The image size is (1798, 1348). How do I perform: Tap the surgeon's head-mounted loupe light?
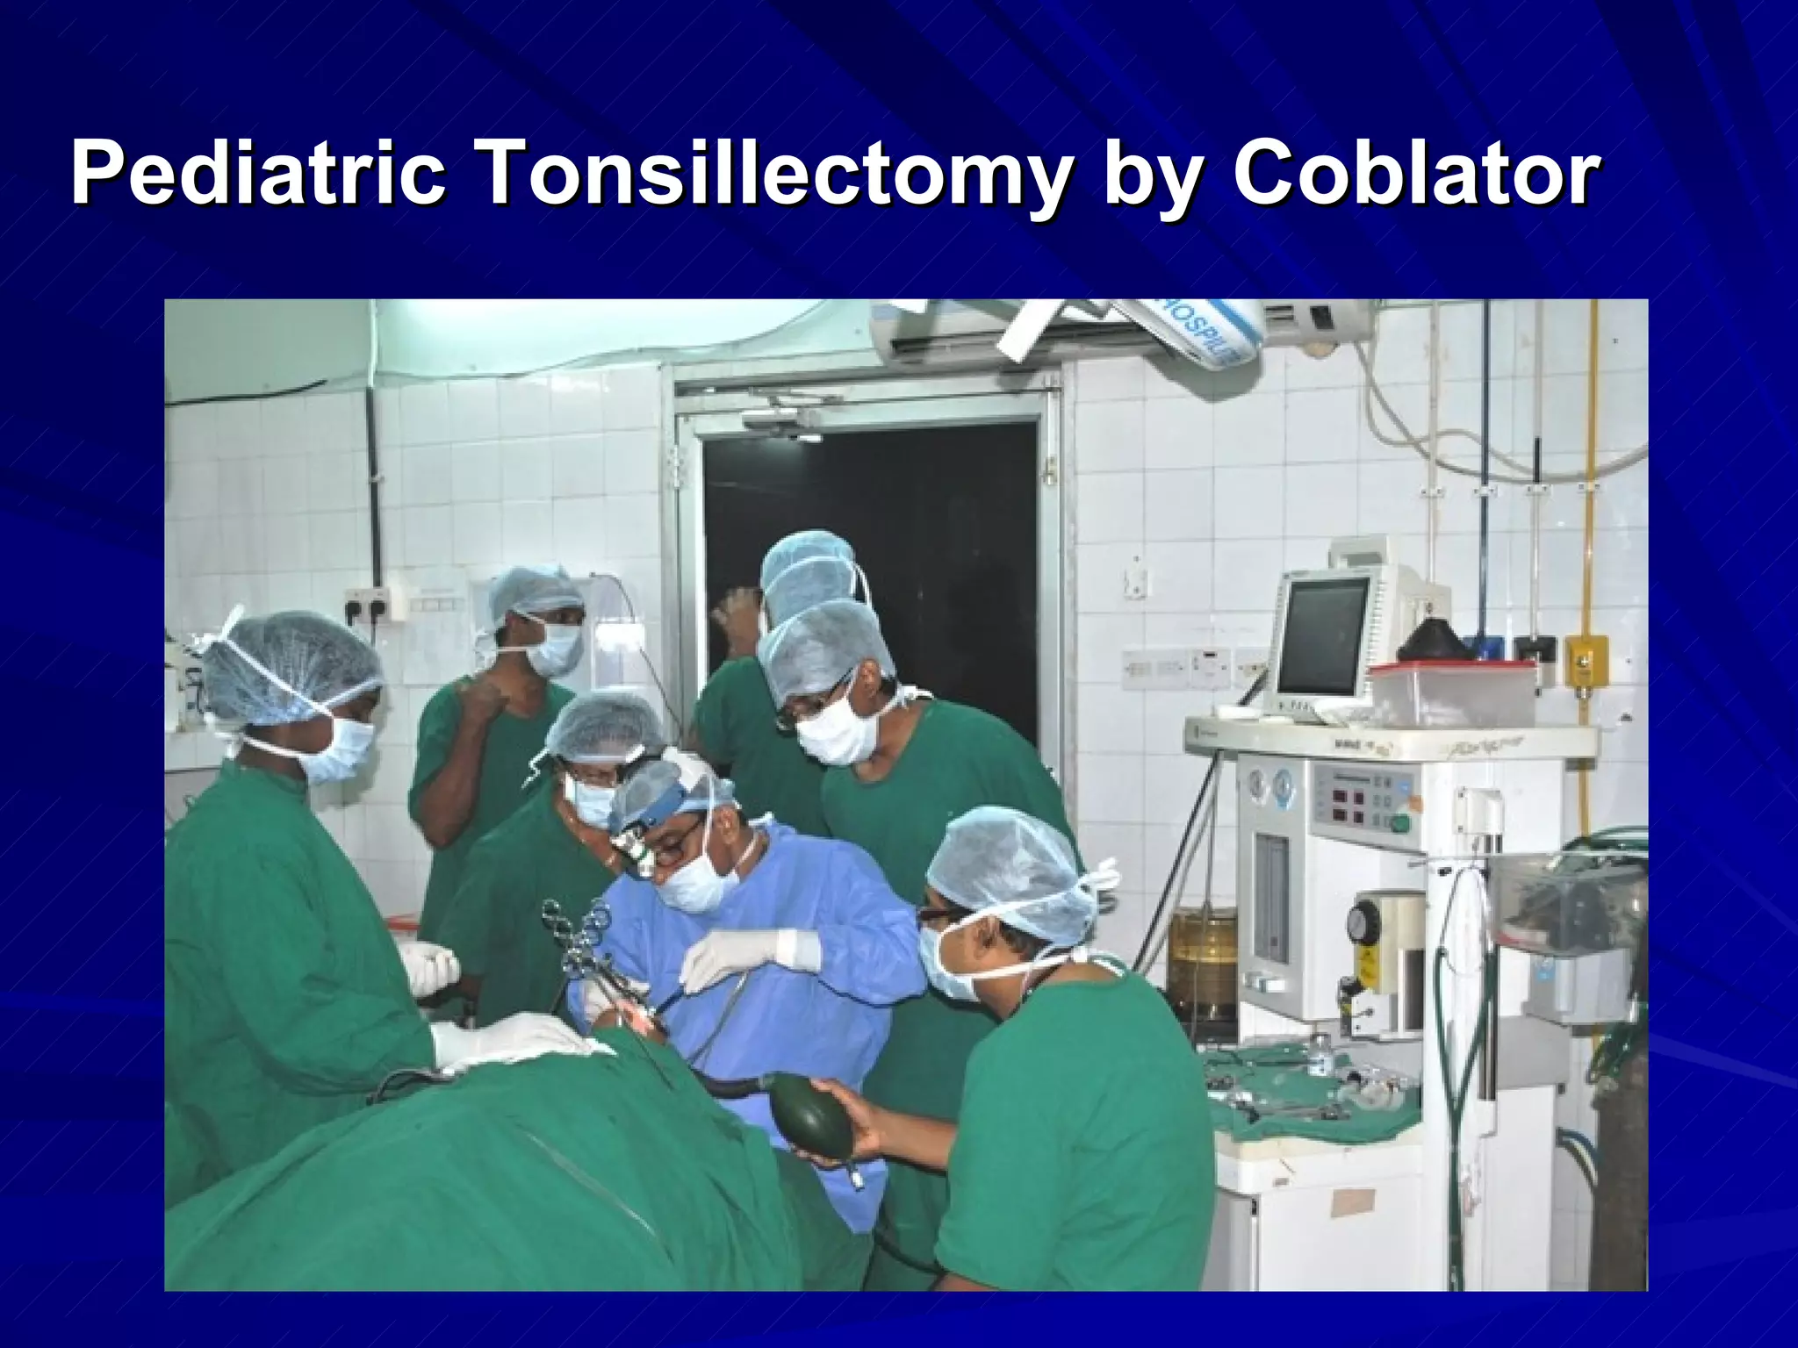coord(633,842)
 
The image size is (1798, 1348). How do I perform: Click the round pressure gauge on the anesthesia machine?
coord(1363,921)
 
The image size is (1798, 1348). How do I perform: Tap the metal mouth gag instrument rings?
coord(575,930)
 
